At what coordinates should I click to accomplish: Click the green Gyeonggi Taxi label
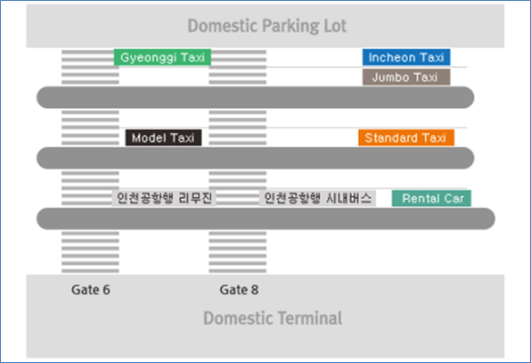click(x=162, y=57)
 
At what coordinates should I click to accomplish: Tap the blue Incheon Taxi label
click(x=406, y=57)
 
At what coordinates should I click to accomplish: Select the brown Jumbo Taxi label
click(x=406, y=77)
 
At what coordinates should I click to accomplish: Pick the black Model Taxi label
click(x=163, y=137)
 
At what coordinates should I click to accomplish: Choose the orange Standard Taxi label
click(x=406, y=137)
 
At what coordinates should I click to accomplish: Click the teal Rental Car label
click(x=431, y=198)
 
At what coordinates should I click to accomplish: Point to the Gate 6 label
click(x=90, y=290)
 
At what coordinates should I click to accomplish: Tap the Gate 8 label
click(x=239, y=290)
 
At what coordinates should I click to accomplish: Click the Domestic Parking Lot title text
click(x=267, y=26)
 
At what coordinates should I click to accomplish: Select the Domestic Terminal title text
click(x=273, y=318)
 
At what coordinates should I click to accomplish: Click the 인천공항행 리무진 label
click(x=164, y=198)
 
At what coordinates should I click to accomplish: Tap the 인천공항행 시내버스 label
click(x=317, y=198)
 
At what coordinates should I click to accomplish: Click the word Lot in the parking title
click(x=335, y=26)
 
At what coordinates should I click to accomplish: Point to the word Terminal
click(x=311, y=318)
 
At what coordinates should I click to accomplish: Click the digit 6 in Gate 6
click(x=106, y=290)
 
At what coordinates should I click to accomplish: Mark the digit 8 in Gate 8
click(x=255, y=290)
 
